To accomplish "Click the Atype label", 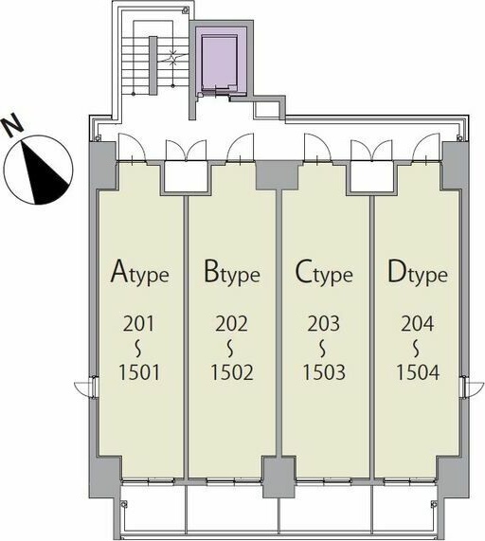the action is click(139, 272).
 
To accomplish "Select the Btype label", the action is click(231, 272).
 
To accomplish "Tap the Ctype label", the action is click(324, 272).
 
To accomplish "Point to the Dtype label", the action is click(418, 272).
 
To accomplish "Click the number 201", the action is click(139, 324).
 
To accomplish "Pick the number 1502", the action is click(232, 372).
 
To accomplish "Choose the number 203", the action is click(324, 324).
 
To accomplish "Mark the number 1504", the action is click(418, 372).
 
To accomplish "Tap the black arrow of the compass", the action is click(44, 172).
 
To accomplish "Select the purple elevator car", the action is click(220, 62).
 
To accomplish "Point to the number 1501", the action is click(139, 372).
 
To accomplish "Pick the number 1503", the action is click(324, 372).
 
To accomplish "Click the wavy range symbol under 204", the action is click(418, 349).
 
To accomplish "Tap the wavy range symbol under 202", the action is click(231, 349).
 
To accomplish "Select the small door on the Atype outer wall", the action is click(84, 388).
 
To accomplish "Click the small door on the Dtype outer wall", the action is click(471, 388).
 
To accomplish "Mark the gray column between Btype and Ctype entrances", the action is click(278, 175).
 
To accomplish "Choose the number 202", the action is click(231, 324).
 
